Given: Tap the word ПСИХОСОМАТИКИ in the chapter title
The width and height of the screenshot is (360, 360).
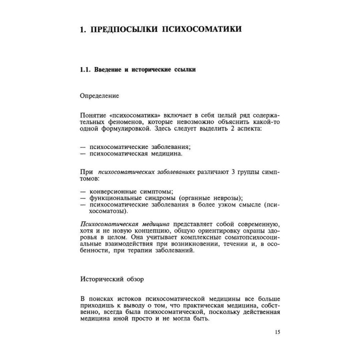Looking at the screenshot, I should tap(202, 29).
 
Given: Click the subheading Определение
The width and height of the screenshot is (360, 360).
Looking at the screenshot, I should tap(99, 95).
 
